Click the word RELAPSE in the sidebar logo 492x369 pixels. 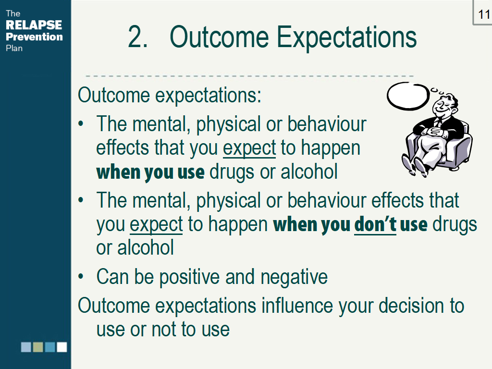pos(34,25)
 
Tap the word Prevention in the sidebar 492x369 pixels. pos(34,37)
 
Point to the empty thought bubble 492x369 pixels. pos(408,96)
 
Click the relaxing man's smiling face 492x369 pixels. pos(443,106)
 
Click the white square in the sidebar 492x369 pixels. pos(62,347)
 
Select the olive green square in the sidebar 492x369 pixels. pos(38,347)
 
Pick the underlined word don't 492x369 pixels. pos(375,225)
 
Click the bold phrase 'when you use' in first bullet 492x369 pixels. pos(150,172)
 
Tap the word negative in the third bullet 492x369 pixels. pos(294,277)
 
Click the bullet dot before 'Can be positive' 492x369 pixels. pos(81,276)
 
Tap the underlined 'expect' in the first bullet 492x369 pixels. pos(249,148)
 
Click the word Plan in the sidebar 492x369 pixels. pos(14,48)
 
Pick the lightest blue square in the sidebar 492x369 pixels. pos(26,347)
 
